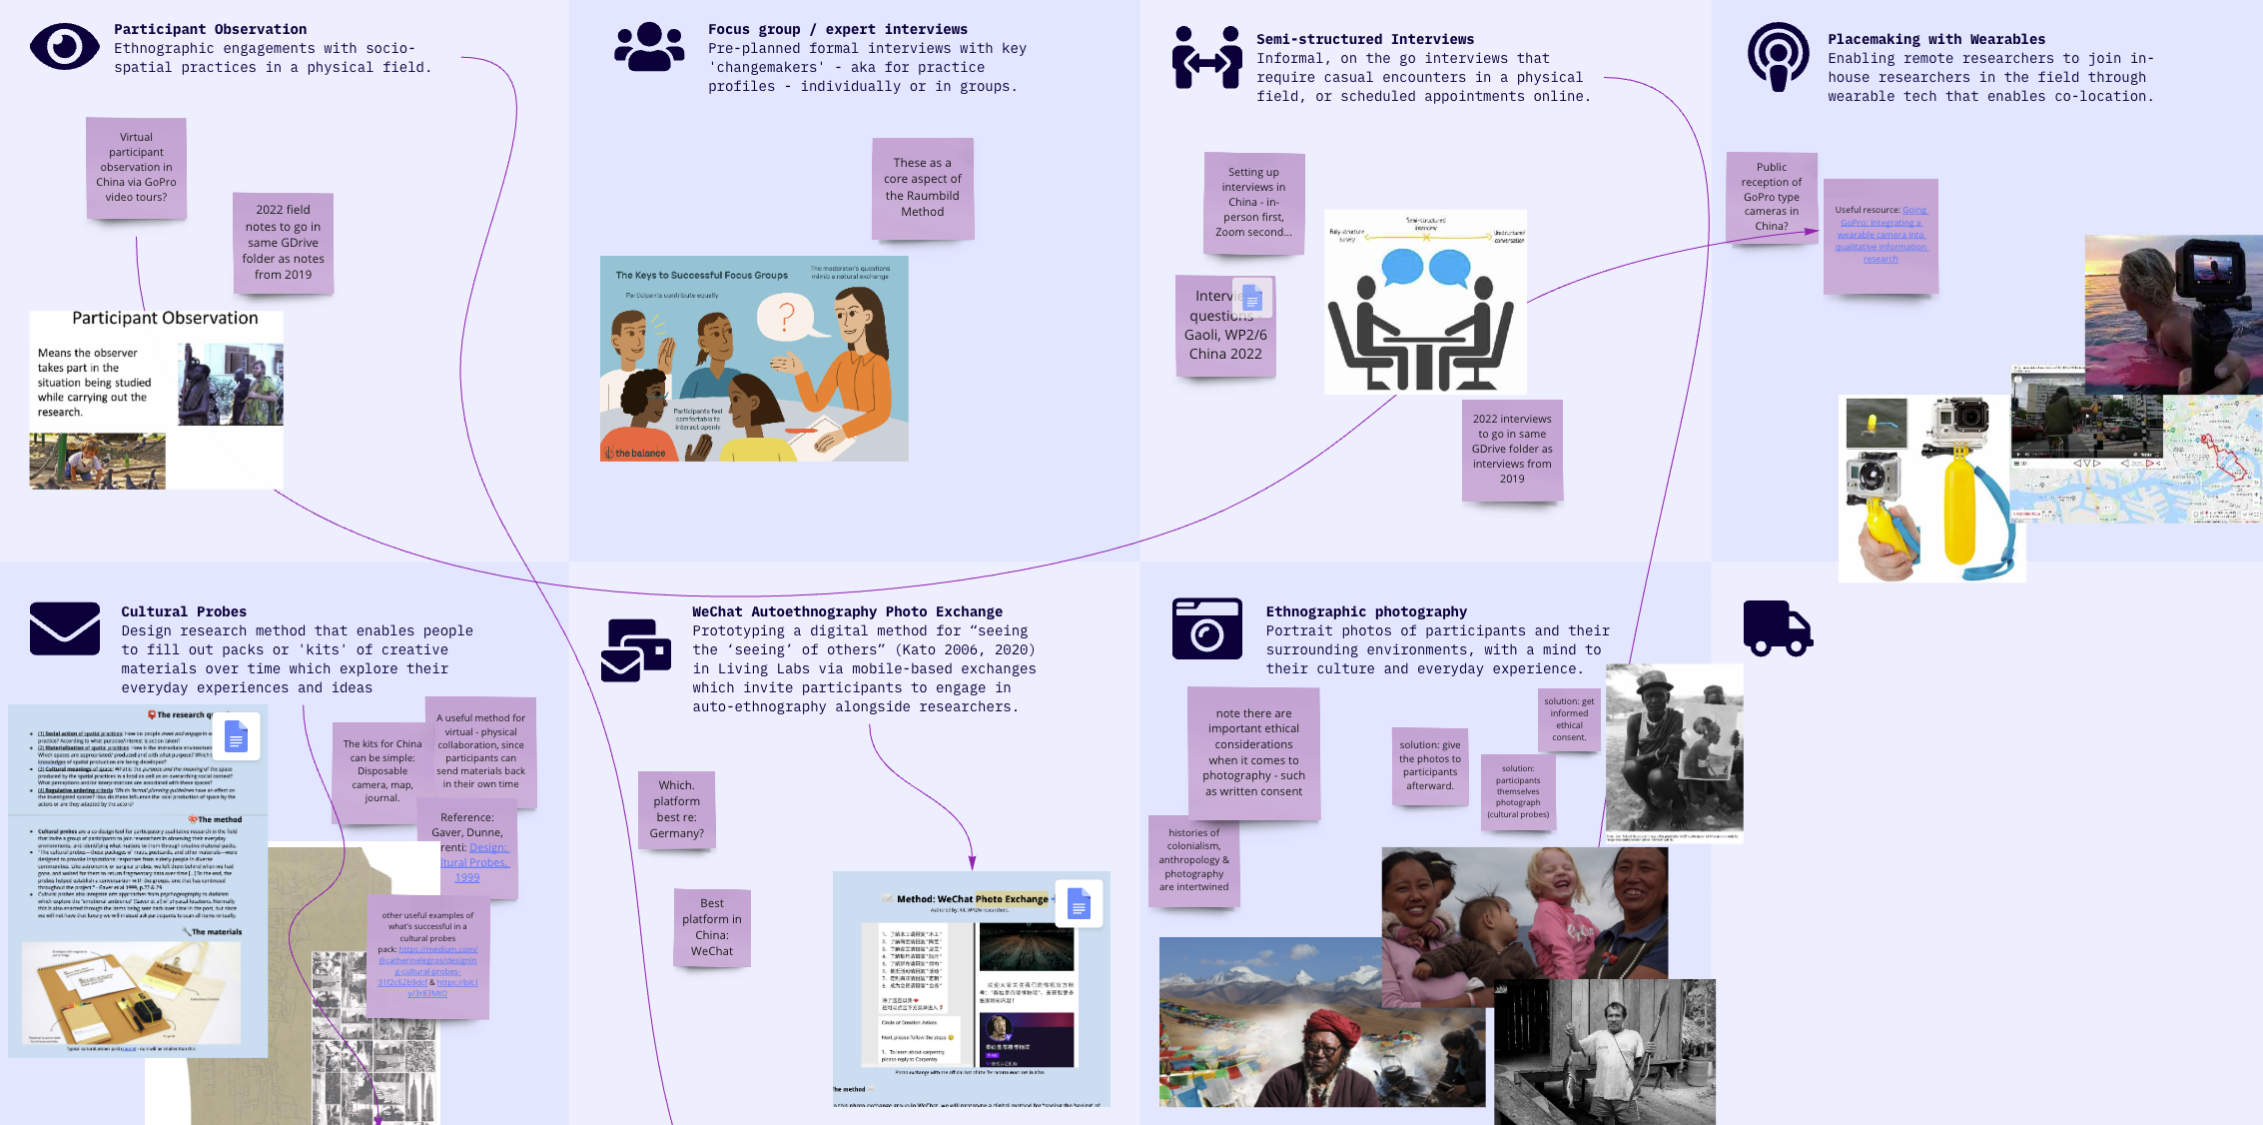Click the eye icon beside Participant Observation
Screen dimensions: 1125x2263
click(64, 47)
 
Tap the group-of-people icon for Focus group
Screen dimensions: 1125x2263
click(649, 47)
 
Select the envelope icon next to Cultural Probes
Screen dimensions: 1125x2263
click(64, 628)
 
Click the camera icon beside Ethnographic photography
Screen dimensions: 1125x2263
click(1206, 628)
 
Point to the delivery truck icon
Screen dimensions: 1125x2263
click(1777, 628)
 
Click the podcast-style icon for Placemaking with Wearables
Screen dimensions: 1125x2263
click(1778, 56)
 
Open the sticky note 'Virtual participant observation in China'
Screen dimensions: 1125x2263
click(136, 168)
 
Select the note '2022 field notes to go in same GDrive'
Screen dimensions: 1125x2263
click(283, 243)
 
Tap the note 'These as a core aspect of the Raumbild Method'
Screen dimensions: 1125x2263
click(922, 188)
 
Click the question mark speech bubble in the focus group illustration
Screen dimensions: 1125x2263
click(786, 317)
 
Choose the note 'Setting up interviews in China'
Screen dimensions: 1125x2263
click(1253, 203)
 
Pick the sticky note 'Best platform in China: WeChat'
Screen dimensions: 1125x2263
click(712, 927)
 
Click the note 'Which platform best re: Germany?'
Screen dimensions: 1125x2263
click(676, 809)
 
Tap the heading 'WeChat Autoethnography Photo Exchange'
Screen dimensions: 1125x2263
click(847, 611)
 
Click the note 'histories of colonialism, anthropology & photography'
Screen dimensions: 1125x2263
click(1193, 860)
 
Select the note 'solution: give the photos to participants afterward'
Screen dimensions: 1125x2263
click(1429, 765)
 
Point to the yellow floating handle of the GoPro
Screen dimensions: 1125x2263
click(1960, 510)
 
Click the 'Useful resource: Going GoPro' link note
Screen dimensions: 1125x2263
click(1881, 236)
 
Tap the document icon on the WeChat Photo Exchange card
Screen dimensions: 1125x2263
click(1078, 904)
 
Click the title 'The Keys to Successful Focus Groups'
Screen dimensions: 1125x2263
click(701, 275)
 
